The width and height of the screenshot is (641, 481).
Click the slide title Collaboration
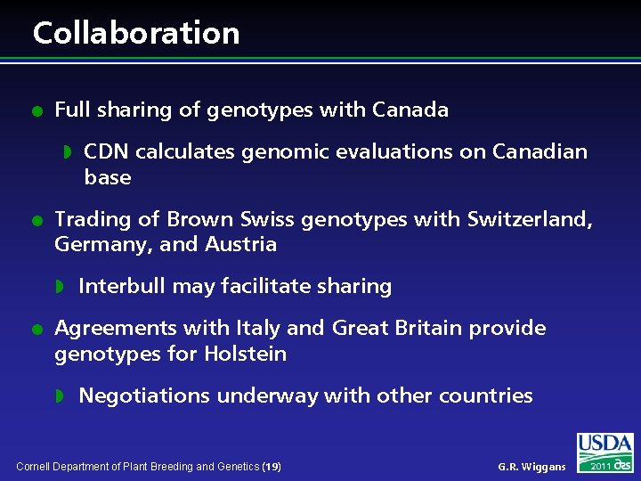[x=136, y=33]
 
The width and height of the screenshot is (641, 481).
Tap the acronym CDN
[x=107, y=151]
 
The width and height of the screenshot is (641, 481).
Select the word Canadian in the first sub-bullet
[x=545, y=151]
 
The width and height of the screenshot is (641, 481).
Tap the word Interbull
[x=118, y=286]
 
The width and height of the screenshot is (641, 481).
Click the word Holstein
[x=245, y=354]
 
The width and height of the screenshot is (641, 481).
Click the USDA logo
[x=604, y=445]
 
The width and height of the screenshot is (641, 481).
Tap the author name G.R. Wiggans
[x=531, y=467]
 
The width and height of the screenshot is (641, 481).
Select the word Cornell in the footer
[x=34, y=467]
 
